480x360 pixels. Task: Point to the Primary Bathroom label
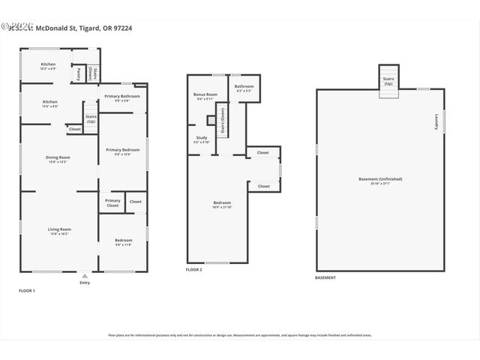pyautogui.click(x=123, y=97)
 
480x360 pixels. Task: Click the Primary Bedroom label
pyautogui.click(x=122, y=151)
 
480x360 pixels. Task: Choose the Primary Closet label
pyautogui.click(x=112, y=202)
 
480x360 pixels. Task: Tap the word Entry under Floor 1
pyautogui.click(x=84, y=283)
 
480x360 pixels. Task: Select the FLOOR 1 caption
pyautogui.click(x=27, y=290)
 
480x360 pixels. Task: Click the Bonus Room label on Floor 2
pyautogui.click(x=205, y=95)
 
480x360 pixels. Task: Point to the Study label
pyautogui.click(x=202, y=139)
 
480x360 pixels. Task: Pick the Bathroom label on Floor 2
pyautogui.click(x=244, y=88)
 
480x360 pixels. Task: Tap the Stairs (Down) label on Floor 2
pyautogui.click(x=222, y=120)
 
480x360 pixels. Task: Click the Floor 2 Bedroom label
pyautogui.click(x=222, y=204)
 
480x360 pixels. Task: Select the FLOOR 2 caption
pyautogui.click(x=194, y=269)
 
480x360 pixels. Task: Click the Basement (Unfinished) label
pyautogui.click(x=380, y=179)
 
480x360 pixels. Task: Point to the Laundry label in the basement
pyautogui.click(x=436, y=122)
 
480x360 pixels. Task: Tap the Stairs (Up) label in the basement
pyautogui.click(x=388, y=80)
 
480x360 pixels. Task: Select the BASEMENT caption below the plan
pyautogui.click(x=325, y=277)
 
